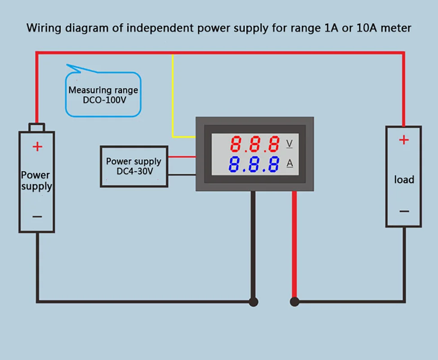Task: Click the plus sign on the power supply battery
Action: click(37, 147)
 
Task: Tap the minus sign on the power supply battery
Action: click(37, 216)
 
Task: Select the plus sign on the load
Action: click(404, 140)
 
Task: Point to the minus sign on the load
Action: click(404, 211)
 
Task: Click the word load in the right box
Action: click(404, 180)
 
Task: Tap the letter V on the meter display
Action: click(290, 144)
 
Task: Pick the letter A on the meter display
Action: click(290, 163)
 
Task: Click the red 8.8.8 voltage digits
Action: click(255, 144)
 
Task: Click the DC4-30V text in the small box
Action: click(133, 171)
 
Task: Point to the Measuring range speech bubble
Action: click(103, 94)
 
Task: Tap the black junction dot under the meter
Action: click(254, 301)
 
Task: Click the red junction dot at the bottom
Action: click(295, 301)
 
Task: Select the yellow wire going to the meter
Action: click(173, 99)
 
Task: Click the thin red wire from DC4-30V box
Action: click(182, 157)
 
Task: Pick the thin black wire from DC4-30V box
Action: click(182, 174)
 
